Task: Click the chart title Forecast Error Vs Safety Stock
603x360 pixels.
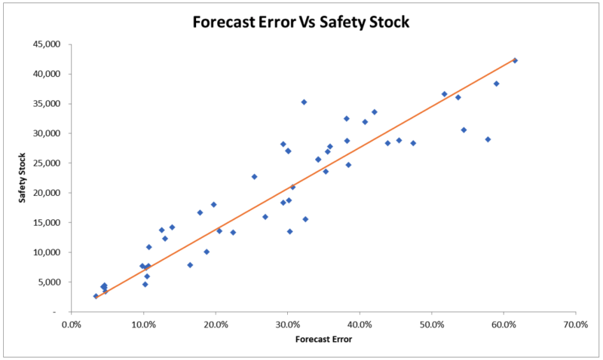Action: tap(301, 22)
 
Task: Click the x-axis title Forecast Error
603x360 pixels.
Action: tap(323, 338)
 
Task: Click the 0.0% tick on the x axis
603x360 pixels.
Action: tap(72, 325)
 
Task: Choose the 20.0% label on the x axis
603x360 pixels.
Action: tap(216, 325)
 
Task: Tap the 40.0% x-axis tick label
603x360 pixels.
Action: tap(360, 325)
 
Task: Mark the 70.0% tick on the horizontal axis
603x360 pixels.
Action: tap(575, 325)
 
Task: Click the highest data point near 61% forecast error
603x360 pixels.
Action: tap(515, 60)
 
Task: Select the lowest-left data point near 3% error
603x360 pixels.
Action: tap(96, 296)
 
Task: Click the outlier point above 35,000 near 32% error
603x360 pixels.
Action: tap(304, 102)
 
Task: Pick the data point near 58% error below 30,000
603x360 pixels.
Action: tap(488, 139)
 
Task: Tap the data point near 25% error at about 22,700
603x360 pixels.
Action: tap(254, 177)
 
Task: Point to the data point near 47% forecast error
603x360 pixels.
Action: tap(413, 143)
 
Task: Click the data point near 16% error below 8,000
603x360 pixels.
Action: tap(190, 265)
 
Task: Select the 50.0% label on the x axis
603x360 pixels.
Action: tap(431, 325)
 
